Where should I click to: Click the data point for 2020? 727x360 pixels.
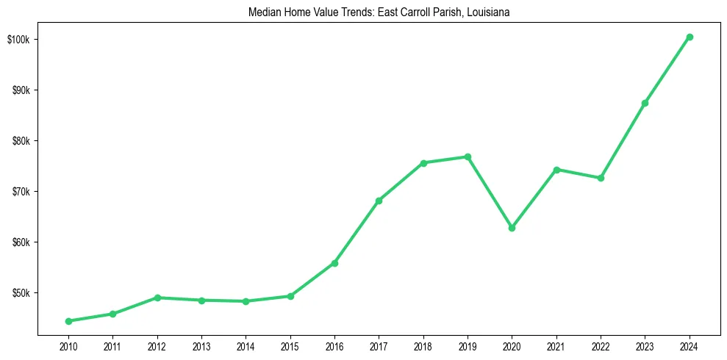tap(512, 228)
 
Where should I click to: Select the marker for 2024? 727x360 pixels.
tap(690, 37)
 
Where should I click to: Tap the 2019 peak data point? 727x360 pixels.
tap(468, 156)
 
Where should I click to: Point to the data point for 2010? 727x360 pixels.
tap(68, 321)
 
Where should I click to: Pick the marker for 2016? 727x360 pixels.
tap(334, 263)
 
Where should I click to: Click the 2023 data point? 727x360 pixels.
tap(645, 103)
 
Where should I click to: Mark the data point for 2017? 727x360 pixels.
tap(379, 201)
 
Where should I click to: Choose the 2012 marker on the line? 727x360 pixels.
tap(157, 298)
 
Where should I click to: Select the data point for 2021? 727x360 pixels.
tap(556, 170)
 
